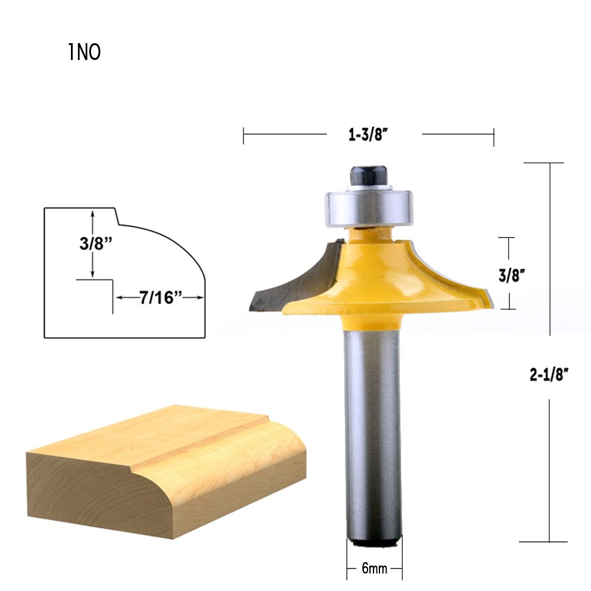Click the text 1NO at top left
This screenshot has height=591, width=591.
(x=85, y=53)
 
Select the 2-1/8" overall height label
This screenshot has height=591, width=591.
(x=550, y=375)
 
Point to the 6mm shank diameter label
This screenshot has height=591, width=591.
(x=374, y=570)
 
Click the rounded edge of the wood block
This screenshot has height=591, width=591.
(x=290, y=467)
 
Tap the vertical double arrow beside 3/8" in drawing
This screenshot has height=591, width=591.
(x=93, y=245)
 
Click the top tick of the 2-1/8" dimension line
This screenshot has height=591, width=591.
(x=550, y=163)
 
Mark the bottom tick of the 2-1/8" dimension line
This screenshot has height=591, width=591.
(x=550, y=542)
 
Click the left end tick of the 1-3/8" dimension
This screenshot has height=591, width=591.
(x=243, y=135)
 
